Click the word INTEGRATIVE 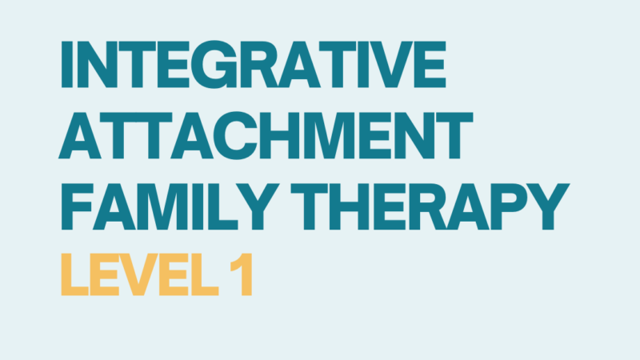click(x=253, y=64)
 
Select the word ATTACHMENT click(x=266, y=135)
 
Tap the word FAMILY click(x=170, y=206)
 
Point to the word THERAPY click(x=430, y=206)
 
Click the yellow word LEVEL click(x=140, y=274)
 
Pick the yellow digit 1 click(x=242, y=274)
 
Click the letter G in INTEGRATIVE click(x=214, y=64)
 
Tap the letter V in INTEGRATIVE click(x=391, y=64)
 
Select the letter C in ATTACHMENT click(x=237, y=135)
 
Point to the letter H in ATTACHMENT click(x=279, y=135)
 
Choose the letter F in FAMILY click(x=77, y=206)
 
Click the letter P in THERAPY click(x=510, y=206)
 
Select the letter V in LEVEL click(x=141, y=274)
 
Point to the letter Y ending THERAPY click(x=549, y=206)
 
